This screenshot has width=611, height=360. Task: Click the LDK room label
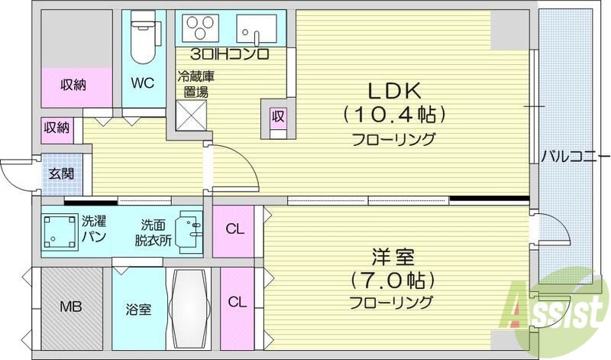[x=393, y=90]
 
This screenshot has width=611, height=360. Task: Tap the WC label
[x=143, y=82]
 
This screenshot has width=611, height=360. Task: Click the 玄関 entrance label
[x=63, y=174]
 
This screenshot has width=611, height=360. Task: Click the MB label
[x=71, y=308]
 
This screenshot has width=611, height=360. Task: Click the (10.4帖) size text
[x=393, y=115]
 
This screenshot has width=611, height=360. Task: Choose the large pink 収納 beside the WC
[x=74, y=85]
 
